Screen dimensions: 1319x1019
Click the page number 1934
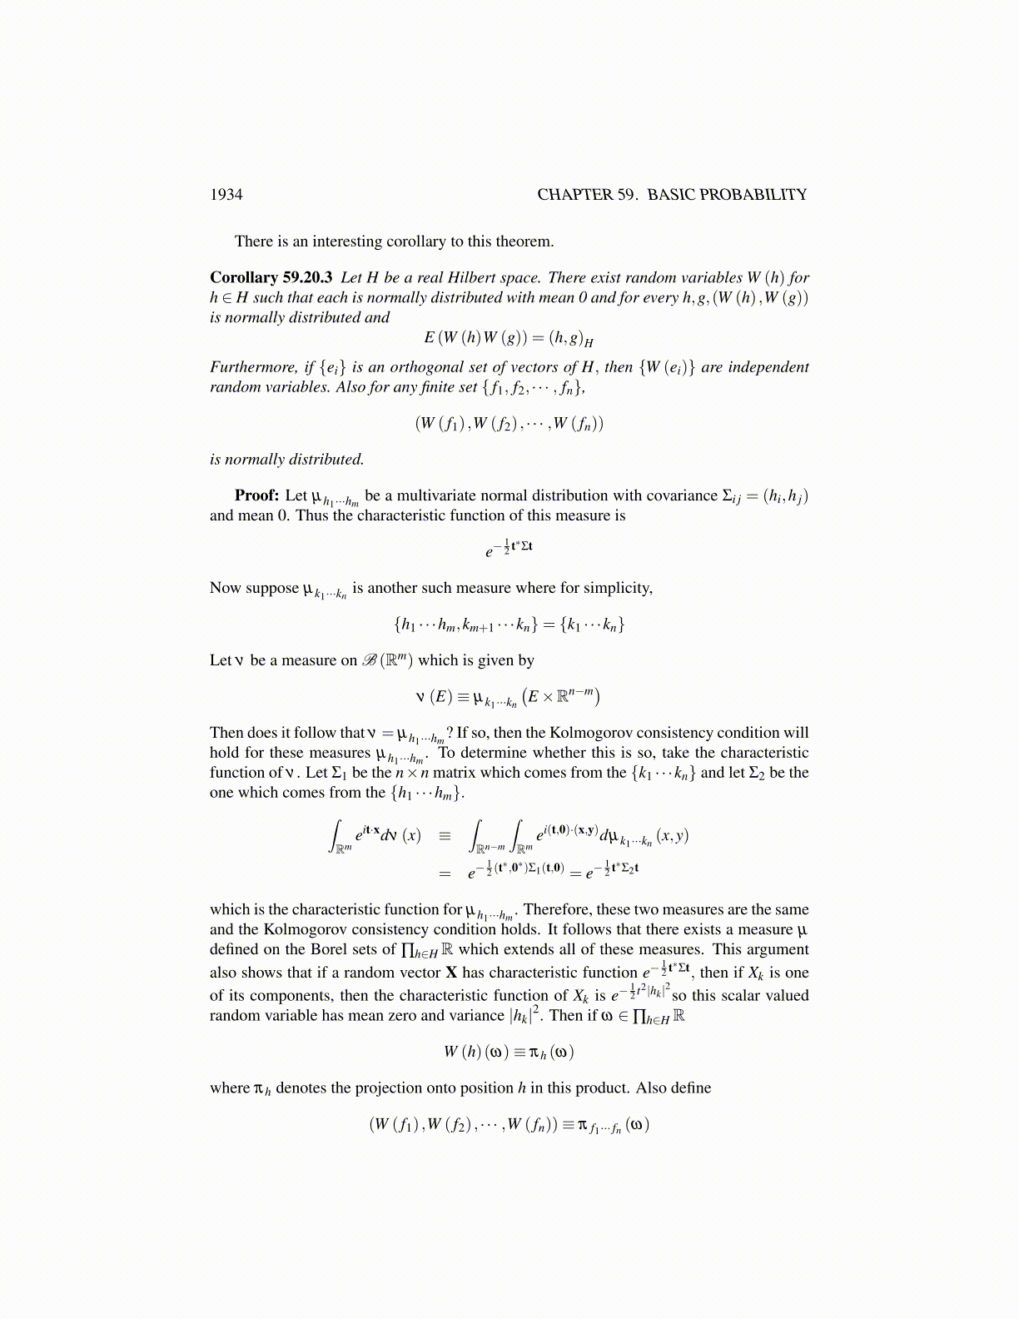point(226,195)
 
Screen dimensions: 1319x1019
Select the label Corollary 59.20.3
point(271,278)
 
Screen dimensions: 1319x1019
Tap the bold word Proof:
point(256,495)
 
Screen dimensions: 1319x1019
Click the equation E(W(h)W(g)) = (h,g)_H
point(508,338)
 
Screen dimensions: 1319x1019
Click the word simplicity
point(617,588)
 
